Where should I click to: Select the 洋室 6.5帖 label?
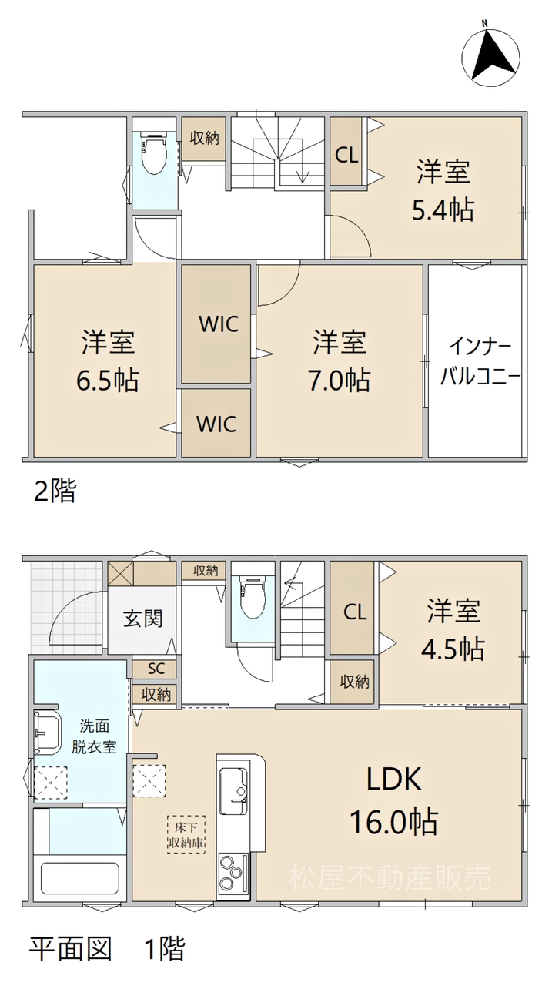109,361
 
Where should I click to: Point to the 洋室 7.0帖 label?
339,361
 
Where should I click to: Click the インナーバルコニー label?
480,362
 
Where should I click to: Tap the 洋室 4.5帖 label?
453,630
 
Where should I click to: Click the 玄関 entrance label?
142,619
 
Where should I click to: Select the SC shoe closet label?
156,669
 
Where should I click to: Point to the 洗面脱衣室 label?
94,736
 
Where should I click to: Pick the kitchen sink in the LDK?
233,790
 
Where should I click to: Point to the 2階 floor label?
55,491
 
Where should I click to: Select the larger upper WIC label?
219,324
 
